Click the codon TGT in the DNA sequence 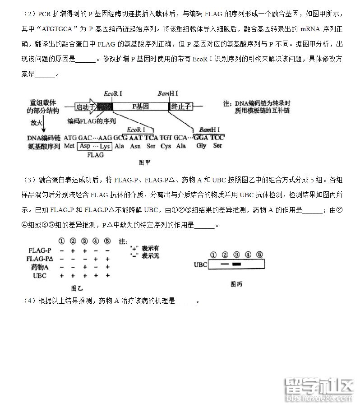166,137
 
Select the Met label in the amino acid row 69,146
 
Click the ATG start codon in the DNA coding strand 70,137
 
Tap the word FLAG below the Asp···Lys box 95,155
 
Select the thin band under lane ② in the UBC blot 224,264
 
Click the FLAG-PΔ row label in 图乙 40,259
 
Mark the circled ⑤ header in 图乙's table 107,241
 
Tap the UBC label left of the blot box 200,264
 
